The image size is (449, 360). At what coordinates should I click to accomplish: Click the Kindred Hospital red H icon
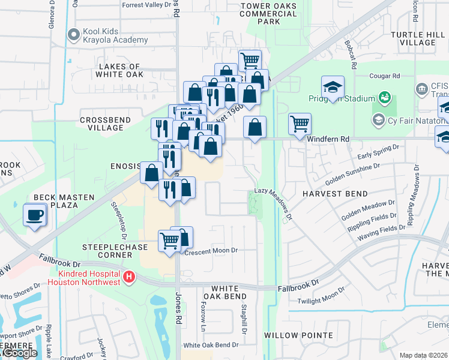tap(128, 278)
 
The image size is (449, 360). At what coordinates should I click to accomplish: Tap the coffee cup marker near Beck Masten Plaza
tap(35, 215)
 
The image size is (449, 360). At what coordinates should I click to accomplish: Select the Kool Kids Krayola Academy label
tap(109, 35)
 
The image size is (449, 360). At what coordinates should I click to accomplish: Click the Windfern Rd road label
tap(328, 139)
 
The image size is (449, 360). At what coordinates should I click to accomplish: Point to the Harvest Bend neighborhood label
tap(334, 194)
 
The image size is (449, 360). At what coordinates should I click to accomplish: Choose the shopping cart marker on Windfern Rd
tap(300, 124)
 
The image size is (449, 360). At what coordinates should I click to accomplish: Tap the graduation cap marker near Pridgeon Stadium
tap(332, 87)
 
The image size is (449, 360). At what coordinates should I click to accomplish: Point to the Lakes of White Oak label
tap(119, 70)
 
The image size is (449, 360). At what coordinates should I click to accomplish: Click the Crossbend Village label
tap(105, 124)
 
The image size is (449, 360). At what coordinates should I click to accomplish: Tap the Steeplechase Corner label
tap(108, 251)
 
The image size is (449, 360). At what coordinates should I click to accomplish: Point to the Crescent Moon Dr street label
tap(211, 250)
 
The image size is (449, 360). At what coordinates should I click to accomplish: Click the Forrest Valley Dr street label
tap(146, 5)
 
